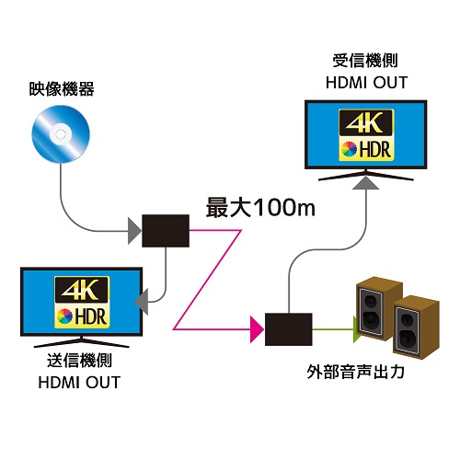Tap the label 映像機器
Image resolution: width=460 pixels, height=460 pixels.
coord(62,90)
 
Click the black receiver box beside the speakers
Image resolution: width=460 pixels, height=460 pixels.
coord(289,327)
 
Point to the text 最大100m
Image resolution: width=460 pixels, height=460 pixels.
coord(260,207)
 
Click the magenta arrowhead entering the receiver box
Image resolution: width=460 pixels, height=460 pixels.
coord(256,327)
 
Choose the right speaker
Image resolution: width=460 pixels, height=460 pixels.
coord(415,326)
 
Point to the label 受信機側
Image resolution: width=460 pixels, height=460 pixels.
coord(366,63)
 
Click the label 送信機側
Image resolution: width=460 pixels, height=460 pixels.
coord(81,362)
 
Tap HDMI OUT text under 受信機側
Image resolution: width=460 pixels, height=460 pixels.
coord(366,83)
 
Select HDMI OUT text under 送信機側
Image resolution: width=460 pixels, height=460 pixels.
coord(81,382)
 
